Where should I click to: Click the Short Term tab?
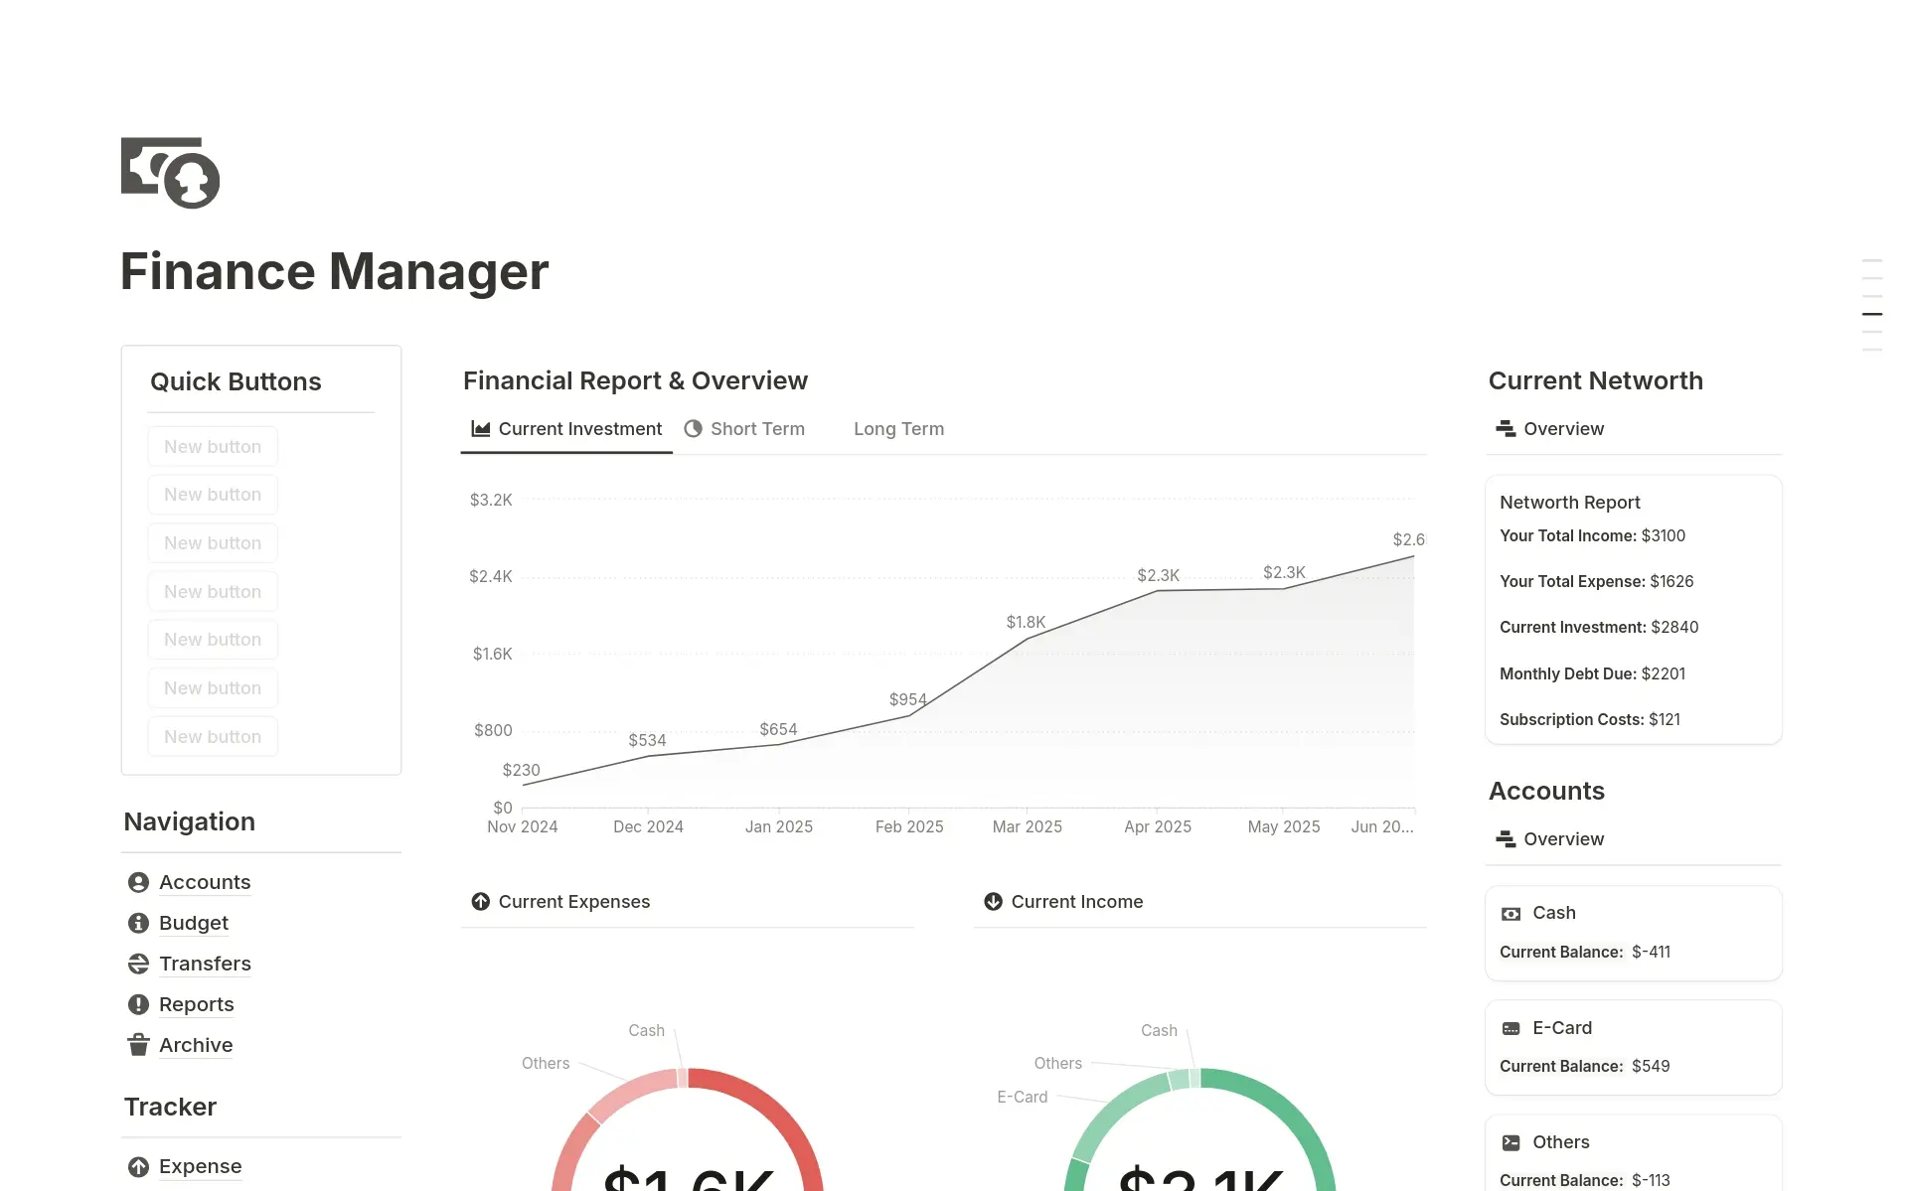click(x=756, y=429)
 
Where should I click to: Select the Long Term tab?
click(x=898, y=429)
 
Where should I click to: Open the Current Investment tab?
click(x=579, y=429)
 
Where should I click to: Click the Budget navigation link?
click(x=193, y=923)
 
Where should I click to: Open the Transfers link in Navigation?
click(x=205, y=964)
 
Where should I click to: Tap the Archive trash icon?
click(x=138, y=1045)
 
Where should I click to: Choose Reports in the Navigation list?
click(x=196, y=1004)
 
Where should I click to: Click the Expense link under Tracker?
click(x=200, y=1166)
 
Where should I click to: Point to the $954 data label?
click(x=907, y=699)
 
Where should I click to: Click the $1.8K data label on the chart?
click(x=1026, y=622)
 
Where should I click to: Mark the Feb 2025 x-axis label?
click(x=909, y=826)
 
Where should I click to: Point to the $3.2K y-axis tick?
click(x=491, y=500)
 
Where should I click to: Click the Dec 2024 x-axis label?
click(x=648, y=826)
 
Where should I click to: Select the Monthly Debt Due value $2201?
click(x=1663, y=673)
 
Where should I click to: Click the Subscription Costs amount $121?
click(x=1664, y=719)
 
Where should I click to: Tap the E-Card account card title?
click(x=1561, y=1028)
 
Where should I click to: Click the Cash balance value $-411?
click(x=1651, y=952)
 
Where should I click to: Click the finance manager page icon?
click(x=170, y=173)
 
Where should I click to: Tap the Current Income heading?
click(x=1076, y=902)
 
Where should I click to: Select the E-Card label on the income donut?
click(x=1022, y=1097)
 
